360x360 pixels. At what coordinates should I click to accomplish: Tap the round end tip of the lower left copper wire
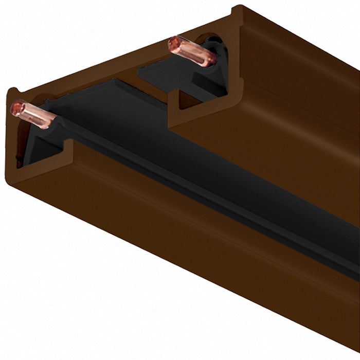17,107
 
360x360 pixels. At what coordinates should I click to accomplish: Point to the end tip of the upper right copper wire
175,43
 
